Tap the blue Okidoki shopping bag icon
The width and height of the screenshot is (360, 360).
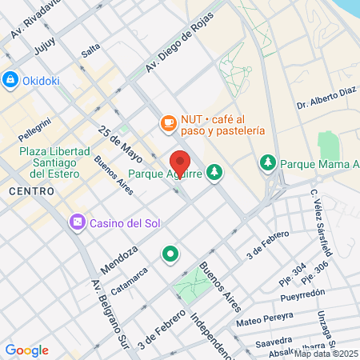click(10, 79)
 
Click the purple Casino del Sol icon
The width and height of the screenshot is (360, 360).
click(77, 221)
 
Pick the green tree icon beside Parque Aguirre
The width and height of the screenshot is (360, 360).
click(214, 171)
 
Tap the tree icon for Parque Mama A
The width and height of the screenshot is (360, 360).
click(267, 163)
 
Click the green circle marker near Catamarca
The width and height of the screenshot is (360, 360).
click(170, 254)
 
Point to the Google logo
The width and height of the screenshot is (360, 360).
click(26, 350)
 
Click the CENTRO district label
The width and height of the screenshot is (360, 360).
click(31, 191)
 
